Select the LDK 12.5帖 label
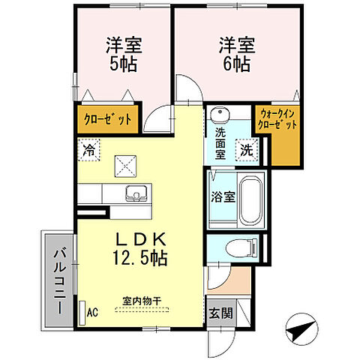tap(140, 247)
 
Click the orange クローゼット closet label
tap(107, 119)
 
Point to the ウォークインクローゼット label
tap(277, 120)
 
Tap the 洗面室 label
tap(220, 138)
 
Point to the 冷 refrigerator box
tap(89, 149)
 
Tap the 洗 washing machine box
tap(247, 149)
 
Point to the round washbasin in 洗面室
tap(220, 115)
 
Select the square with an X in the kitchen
tap(123, 164)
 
